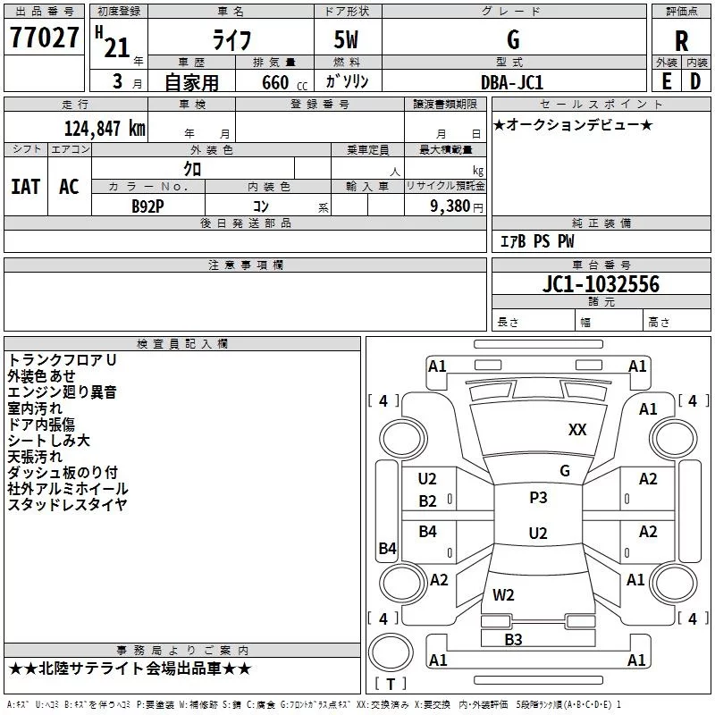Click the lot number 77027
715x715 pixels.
click(x=44, y=38)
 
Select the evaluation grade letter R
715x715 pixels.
click(x=681, y=40)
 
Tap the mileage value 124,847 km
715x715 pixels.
click(x=105, y=128)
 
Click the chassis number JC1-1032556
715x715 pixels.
click(x=601, y=284)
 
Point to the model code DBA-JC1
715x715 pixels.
click(x=512, y=81)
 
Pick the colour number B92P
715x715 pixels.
click(x=148, y=206)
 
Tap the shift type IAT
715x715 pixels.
click(x=25, y=186)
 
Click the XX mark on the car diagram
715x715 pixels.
click(x=577, y=430)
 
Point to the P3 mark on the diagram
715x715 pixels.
click(x=538, y=498)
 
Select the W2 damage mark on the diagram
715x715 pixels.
click(x=503, y=594)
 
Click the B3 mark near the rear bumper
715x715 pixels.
click(x=513, y=639)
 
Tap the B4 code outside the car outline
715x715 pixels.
click(x=387, y=549)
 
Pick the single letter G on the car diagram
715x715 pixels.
click(x=564, y=471)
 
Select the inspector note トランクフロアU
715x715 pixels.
click(x=63, y=359)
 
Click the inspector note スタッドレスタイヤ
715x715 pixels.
click(x=67, y=505)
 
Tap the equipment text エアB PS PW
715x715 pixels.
click(x=536, y=241)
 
